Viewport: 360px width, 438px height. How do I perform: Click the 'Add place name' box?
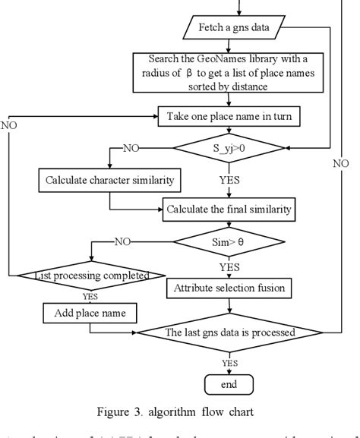[90, 312]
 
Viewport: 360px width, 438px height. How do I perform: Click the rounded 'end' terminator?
[228, 385]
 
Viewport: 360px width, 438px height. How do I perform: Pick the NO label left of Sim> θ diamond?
[122, 241]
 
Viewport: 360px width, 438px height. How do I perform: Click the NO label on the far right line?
[341, 163]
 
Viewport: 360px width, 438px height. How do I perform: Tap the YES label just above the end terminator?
[229, 363]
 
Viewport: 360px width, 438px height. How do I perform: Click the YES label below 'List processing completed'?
[89, 297]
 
